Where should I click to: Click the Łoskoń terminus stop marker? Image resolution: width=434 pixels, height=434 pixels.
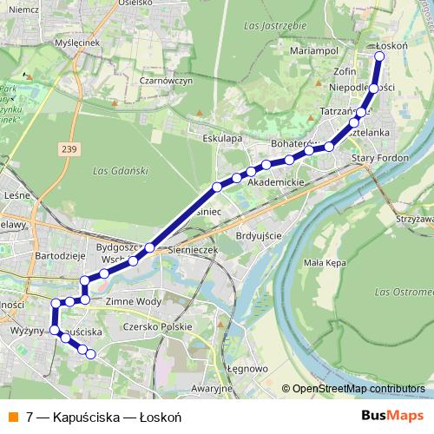pyautogui.click(x=378, y=56)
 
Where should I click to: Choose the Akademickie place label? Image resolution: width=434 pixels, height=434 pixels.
pyautogui.click(x=275, y=184)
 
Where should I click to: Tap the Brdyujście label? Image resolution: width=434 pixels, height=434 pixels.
pyautogui.click(x=260, y=235)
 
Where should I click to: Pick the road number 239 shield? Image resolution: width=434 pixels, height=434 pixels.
pyautogui.click(x=69, y=149)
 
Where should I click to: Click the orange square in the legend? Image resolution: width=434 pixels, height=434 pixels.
pyautogui.click(x=12, y=417)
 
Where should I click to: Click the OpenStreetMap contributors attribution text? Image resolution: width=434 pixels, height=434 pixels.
pyautogui.click(x=359, y=388)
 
